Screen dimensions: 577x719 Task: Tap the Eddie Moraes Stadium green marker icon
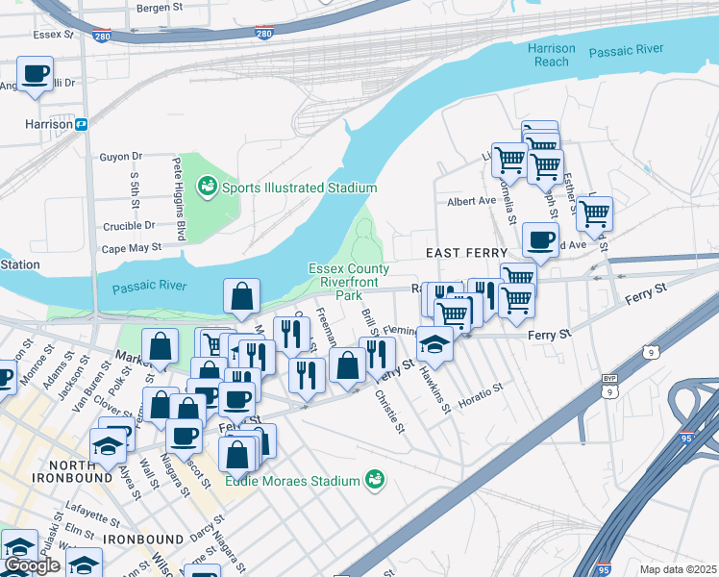375,480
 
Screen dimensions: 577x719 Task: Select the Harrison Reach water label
552,55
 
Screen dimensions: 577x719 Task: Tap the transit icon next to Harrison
82,124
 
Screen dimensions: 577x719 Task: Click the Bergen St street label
159,7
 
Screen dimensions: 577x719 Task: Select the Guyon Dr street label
120,156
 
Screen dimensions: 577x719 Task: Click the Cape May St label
131,247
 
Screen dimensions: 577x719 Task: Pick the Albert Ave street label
471,202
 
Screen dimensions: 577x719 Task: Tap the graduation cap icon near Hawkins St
435,344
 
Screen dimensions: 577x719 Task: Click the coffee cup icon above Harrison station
36,73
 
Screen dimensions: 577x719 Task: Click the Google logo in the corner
32,565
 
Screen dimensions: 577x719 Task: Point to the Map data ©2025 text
678,569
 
